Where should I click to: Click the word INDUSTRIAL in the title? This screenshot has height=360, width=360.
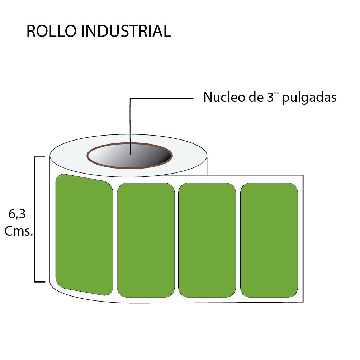point(126,32)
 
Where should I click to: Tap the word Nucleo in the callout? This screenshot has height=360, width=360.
point(221,97)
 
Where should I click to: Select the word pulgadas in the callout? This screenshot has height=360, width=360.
point(309,98)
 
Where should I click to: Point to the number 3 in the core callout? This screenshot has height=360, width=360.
point(271,97)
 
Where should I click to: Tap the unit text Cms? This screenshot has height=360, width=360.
point(19,231)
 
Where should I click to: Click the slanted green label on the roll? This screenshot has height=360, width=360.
point(84,235)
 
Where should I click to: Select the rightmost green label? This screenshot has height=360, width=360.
point(269,240)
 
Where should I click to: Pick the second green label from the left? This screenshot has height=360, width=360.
point(146,240)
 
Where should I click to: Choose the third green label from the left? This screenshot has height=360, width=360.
point(207,240)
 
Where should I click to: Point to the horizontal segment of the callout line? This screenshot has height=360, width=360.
point(161,98)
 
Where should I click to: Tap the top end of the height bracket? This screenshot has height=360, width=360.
point(39,157)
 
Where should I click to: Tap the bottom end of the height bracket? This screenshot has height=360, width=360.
point(39,282)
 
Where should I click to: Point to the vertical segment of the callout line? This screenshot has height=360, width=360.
point(130,125)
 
